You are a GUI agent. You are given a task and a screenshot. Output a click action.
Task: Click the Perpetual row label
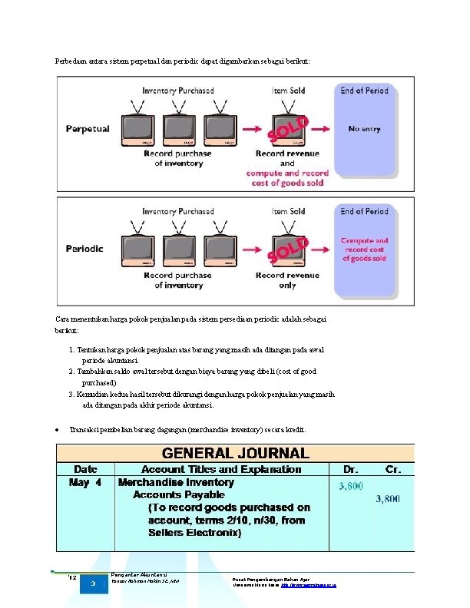(x=88, y=129)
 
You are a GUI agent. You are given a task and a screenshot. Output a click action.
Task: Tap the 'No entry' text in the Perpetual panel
(x=365, y=129)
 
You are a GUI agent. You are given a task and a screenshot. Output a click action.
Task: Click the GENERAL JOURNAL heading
(x=235, y=453)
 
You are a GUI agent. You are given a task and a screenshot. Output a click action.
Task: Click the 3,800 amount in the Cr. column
(x=388, y=499)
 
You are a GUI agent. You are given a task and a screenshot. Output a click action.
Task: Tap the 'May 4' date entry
(x=85, y=483)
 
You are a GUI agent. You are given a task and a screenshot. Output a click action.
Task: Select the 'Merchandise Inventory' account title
(x=176, y=483)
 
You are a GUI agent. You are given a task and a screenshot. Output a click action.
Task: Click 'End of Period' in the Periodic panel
(x=365, y=211)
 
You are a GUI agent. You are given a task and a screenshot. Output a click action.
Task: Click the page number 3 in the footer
(x=92, y=584)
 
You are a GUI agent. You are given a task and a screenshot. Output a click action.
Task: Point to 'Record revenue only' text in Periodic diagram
(x=287, y=280)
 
